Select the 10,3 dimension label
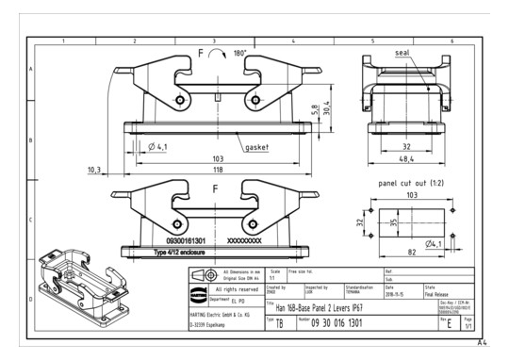tap(93, 170)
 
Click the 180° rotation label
tap(238, 54)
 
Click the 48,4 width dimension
tap(406, 159)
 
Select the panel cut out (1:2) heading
tap(407, 179)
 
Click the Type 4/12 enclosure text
tap(186, 254)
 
